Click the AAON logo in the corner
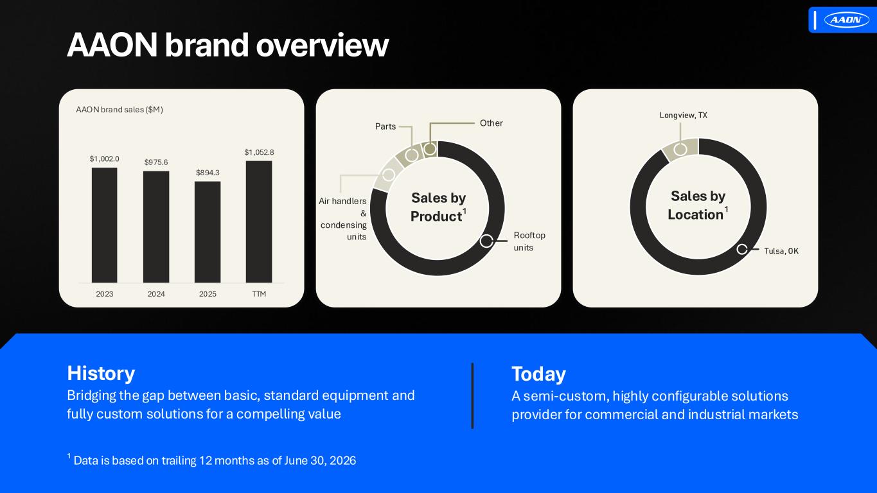pos(847,19)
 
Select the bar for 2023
pos(104,225)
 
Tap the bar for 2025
pos(208,232)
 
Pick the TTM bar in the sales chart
pos(259,222)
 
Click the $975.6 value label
pos(156,162)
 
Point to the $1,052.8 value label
pos(259,152)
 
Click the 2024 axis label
pos(156,294)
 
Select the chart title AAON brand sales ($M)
pos(120,110)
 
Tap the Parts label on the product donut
pos(385,126)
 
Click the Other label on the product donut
pos(492,123)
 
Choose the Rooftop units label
pos(529,241)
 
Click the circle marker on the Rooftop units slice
pos(486,241)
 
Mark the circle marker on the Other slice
pos(430,149)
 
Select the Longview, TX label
pos(683,115)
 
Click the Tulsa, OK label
pos(781,251)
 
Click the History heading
pos(101,373)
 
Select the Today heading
pos(538,374)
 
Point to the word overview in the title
pos(323,45)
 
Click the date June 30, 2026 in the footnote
pos(320,460)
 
